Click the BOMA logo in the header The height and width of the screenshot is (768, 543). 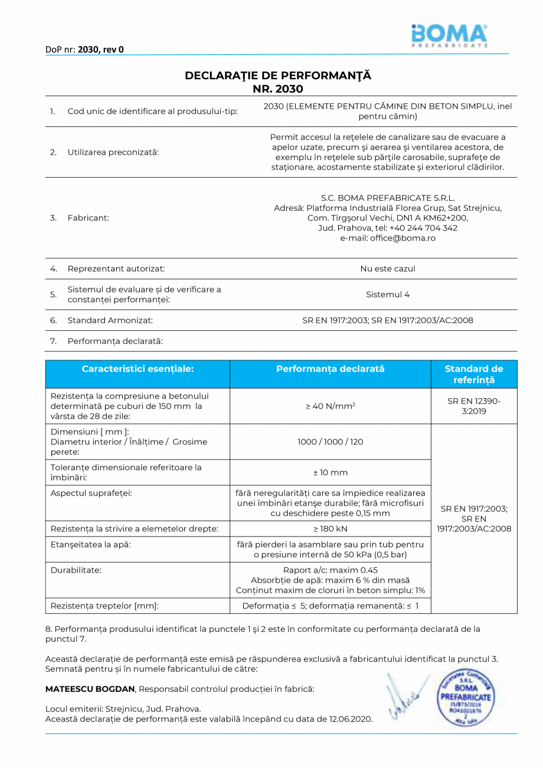pos(449,36)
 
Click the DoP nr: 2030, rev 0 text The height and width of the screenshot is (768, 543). pos(84,50)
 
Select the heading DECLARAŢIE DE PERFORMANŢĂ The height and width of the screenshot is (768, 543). pos(278,76)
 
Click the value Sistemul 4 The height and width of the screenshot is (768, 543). pos(388,294)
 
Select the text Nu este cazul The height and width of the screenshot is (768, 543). pos(388,269)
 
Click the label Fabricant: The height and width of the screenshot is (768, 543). pos(88,218)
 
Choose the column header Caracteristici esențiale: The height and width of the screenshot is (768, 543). pos(138,369)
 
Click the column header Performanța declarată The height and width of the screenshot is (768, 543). pos(330,369)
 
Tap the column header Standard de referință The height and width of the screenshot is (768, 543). pos(474,374)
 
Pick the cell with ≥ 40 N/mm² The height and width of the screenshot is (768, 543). pos(330,406)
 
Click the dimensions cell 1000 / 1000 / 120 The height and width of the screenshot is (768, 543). pos(330,442)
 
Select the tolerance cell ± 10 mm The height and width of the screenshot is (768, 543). pos(330,473)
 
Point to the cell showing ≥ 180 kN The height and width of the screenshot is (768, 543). pos(330,528)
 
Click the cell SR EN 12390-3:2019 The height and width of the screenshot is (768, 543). pos(474,406)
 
